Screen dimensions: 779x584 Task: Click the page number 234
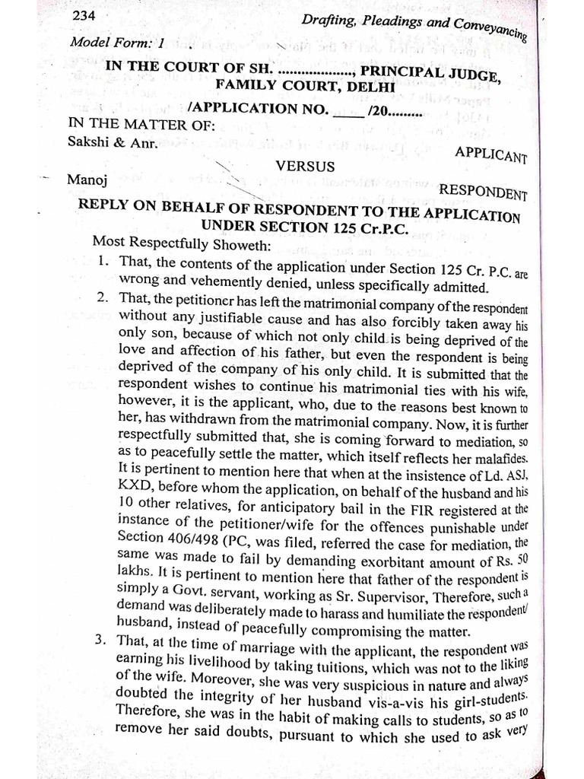click(x=83, y=16)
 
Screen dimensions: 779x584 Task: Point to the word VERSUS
click(x=304, y=164)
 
